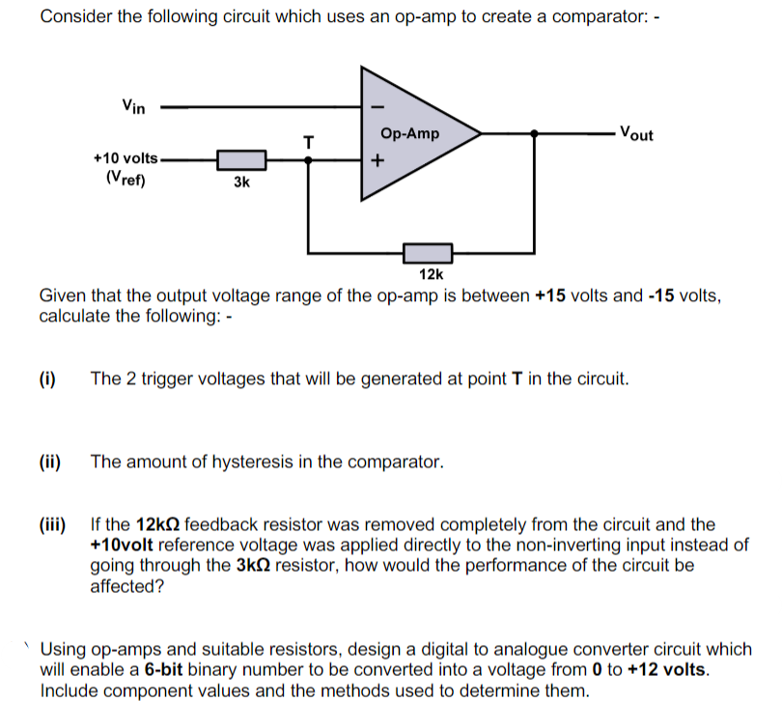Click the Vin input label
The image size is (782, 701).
[133, 106]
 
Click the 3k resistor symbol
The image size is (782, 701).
[240, 160]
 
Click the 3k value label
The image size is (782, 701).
[241, 182]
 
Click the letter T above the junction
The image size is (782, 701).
[308, 142]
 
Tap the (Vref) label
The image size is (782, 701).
[125, 177]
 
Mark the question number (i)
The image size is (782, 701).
[47, 379]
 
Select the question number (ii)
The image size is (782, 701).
[49, 462]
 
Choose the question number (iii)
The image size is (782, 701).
[52, 525]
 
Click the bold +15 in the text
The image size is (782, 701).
[551, 294]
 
